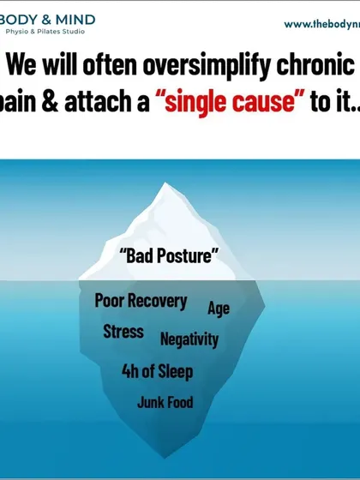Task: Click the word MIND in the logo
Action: click(x=75, y=21)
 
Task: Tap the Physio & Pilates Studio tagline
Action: click(x=45, y=32)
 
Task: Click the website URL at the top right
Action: click(x=322, y=25)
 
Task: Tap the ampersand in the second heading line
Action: click(x=51, y=99)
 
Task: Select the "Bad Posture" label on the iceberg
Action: click(x=169, y=255)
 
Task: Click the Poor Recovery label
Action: click(x=141, y=301)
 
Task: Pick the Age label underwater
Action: click(x=219, y=309)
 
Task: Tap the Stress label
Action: click(x=123, y=332)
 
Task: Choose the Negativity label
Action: click(x=189, y=339)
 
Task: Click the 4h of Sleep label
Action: click(x=158, y=371)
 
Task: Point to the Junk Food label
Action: click(x=165, y=402)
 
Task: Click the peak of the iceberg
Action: click(x=165, y=183)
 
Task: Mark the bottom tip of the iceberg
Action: click(x=165, y=458)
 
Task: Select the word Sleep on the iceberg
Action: click(x=176, y=371)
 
